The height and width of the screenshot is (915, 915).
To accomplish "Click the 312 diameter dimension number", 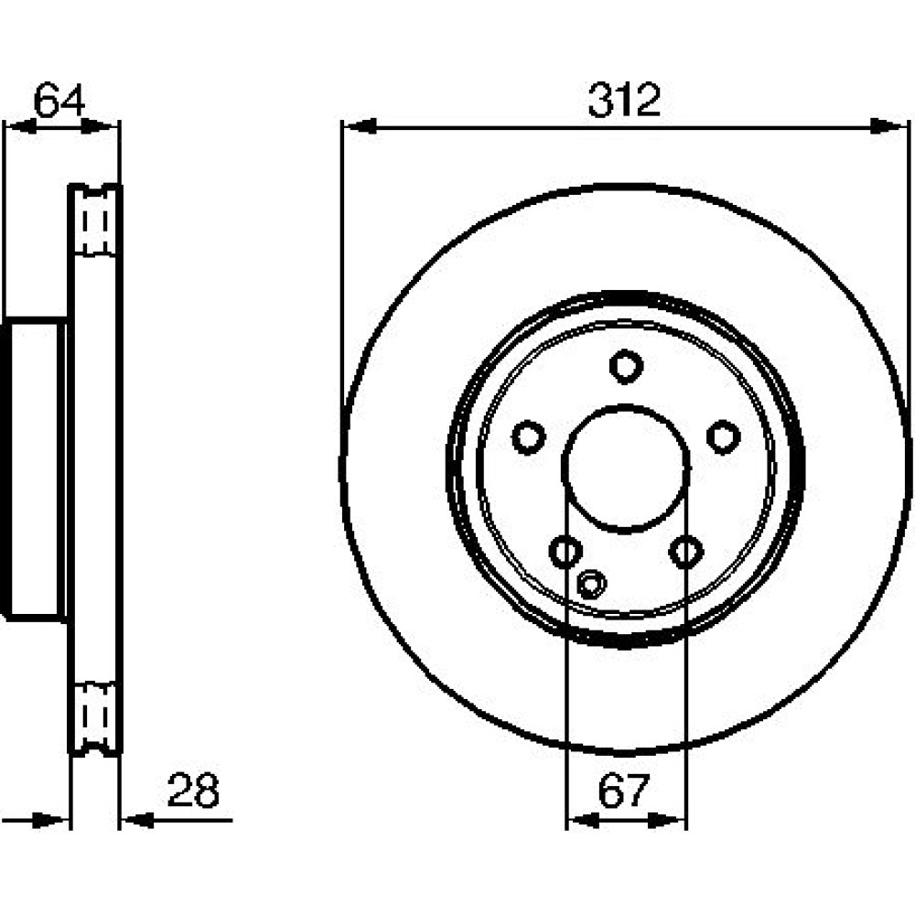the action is (x=624, y=100).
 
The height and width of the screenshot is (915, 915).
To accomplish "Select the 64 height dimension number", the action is (x=59, y=101).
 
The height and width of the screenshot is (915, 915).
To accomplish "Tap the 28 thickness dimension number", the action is (x=193, y=791).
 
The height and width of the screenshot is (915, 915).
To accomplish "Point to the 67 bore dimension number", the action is (x=623, y=791).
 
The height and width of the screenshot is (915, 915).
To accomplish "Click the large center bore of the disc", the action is (x=625, y=468).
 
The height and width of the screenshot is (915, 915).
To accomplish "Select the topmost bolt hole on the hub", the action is (x=626, y=366).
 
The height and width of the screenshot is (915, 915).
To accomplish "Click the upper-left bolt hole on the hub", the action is (x=528, y=436).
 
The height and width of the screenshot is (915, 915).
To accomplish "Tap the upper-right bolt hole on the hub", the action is (x=724, y=436).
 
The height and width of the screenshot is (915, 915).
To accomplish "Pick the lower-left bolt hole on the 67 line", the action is (x=565, y=551).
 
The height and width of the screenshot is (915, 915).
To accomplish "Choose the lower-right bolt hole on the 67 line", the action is (x=685, y=551).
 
